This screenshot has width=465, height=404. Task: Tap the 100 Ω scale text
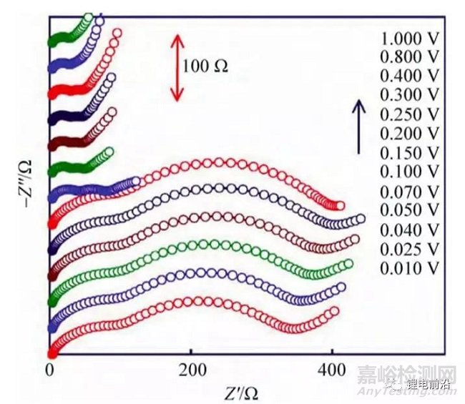pos(206,67)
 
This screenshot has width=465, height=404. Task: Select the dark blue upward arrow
pos(358,126)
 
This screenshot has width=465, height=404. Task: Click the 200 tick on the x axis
pos(191,371)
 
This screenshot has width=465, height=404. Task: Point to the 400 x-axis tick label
pos(331,371)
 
